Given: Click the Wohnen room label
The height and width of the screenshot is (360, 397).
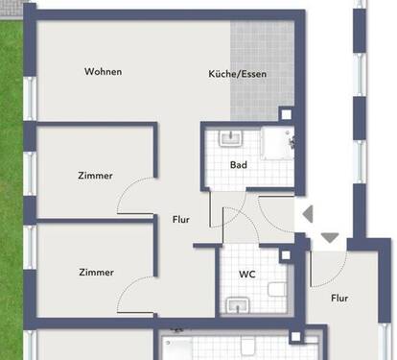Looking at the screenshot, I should [x=103, y=72].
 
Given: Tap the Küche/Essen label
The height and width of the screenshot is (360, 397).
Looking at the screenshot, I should [x=238, y=74].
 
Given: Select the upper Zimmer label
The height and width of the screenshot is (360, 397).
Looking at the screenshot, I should [x=95, y=176].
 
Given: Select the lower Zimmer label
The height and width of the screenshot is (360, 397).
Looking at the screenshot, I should [x=95, y=272].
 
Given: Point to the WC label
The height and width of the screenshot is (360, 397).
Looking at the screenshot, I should [x=246, y=275].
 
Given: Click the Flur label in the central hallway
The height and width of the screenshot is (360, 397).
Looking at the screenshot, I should [x=180, y=220].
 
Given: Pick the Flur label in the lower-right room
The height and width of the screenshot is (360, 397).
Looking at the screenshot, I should [x=339, y=299].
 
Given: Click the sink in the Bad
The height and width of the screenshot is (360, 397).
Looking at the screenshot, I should [x=228, y=138].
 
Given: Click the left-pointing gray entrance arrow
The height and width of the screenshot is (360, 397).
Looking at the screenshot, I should [x=307, y=215].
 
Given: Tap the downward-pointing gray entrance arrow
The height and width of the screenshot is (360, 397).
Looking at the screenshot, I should [x=330, y=237].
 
